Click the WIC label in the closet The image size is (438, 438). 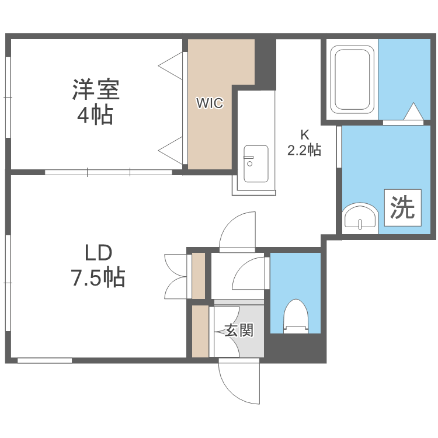tap(209, 104)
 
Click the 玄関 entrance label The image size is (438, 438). tap(239, 331)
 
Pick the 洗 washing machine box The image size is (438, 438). tap(402, 207)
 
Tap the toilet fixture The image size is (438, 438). tap(295, 316)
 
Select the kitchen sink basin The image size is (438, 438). tap(255, 164)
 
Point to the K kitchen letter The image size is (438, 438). tap(304, 133)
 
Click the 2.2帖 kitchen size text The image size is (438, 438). tap(304, 150)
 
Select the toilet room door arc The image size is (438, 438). tap(250, 273)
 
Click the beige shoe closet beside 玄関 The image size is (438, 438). tap(200, 331)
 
